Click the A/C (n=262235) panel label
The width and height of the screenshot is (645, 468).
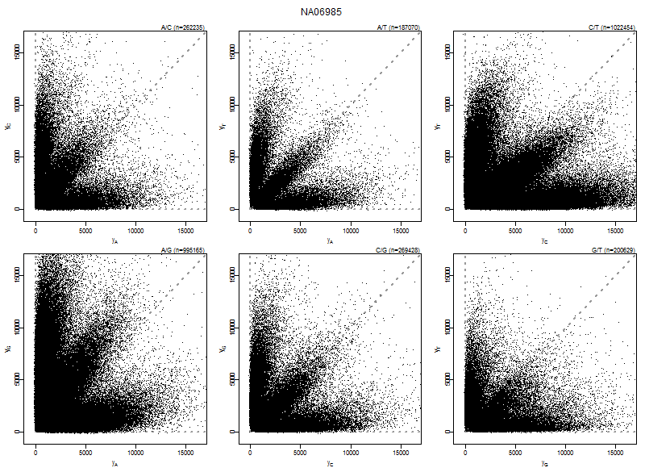coord(182,27)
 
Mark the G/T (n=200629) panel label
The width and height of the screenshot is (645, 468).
coord(613,250)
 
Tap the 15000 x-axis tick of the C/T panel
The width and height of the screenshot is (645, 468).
coord(614,229)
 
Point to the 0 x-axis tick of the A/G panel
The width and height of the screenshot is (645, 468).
coord(35,452)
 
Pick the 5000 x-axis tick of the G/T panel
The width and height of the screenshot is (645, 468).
coord(514,452)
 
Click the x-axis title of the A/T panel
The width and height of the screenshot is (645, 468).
coord(331,240)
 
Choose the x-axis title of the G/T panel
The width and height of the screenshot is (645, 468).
coord(545,463)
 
